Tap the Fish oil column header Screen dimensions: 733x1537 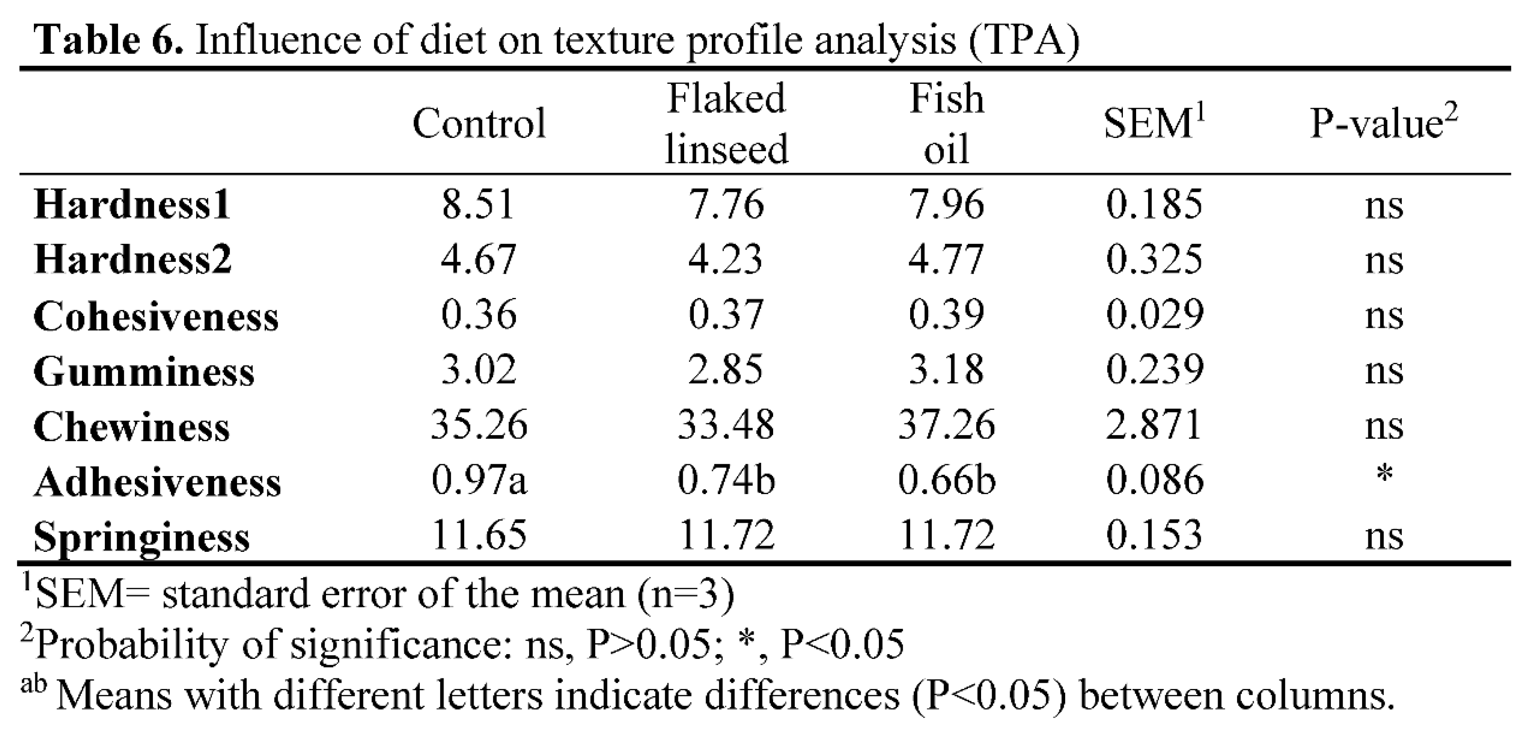946,123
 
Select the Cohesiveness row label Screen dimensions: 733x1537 156,316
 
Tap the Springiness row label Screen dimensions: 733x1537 141,536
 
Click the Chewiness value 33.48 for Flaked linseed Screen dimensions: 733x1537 726,425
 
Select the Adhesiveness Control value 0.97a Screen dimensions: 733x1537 479,480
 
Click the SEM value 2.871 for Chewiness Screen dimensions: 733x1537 1153,425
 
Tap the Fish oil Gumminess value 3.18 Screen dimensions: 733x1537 946,370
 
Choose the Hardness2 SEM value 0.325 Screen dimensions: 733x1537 1153,260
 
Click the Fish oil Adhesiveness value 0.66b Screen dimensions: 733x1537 947,480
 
